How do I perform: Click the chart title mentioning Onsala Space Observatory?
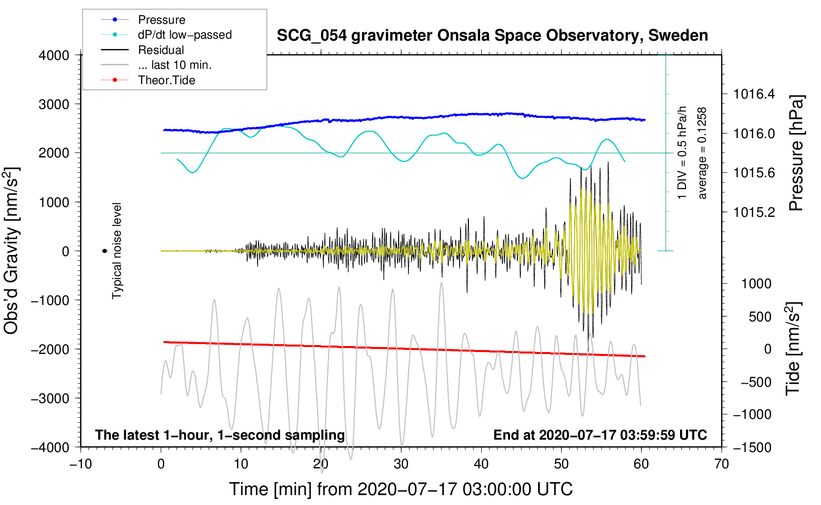(492, 36)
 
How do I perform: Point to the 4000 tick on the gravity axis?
(54, 55)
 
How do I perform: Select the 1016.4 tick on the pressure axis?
(754, 94)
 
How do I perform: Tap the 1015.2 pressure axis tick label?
(754, 212)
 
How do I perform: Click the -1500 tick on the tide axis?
(752, 447)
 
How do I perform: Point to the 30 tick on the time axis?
(401, 464)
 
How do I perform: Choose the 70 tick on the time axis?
(722, 464)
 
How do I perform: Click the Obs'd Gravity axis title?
(12, 251)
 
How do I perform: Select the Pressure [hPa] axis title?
(796, 153)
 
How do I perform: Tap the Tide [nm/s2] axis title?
(793, 349)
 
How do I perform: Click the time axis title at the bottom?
(401, 489)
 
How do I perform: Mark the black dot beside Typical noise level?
(104, 251)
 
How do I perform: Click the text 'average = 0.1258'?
(702, 153)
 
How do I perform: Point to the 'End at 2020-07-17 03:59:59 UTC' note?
(600, 435)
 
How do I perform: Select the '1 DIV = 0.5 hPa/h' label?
(683, 152)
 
